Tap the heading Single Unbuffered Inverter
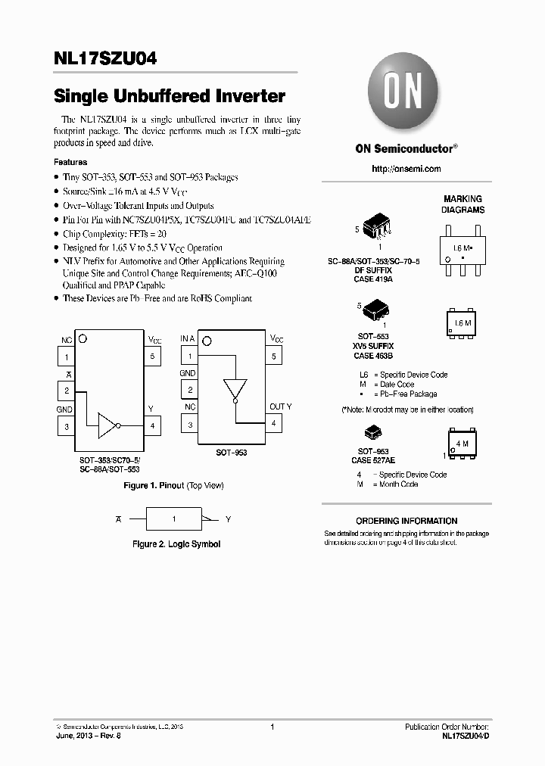click(170, 97)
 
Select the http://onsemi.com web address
click(406, 169)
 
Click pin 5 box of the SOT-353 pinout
click(152, 357)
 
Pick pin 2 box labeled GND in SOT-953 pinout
click(189, 390)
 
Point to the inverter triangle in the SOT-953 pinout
click(235, 390)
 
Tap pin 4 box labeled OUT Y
click(273, 424)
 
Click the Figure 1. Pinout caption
click(173, 485)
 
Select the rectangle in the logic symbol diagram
click(173, 519)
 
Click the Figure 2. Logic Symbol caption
click(176, 544)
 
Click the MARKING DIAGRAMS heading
click(462, 204)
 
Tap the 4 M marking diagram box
click(461, 444)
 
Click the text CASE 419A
click(373, 279)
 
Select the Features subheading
click(70, 162)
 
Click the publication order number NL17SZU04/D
click(466, 736)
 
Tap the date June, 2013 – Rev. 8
click(88, 736)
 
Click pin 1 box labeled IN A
click(189, 356)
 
